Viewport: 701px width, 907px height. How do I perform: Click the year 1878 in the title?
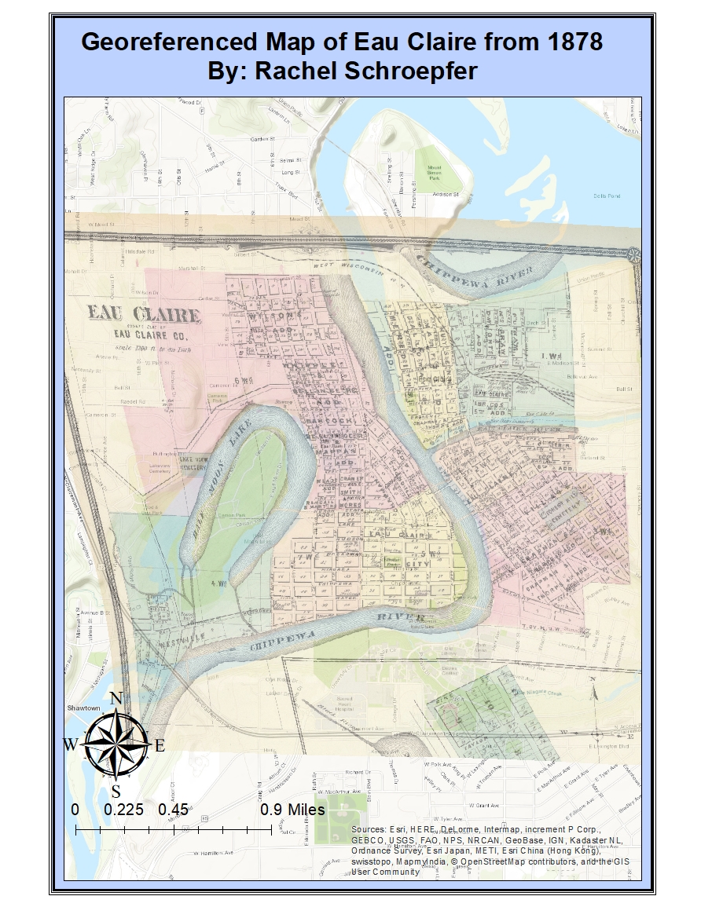[x=568, y=41]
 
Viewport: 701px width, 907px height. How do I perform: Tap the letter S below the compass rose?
[x=116, y=790]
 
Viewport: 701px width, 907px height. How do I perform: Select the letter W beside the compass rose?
[x=71, y=744]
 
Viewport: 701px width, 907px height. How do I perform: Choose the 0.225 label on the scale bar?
[x=123, y=810]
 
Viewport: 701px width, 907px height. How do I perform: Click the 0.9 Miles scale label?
[x=292, y=810]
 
